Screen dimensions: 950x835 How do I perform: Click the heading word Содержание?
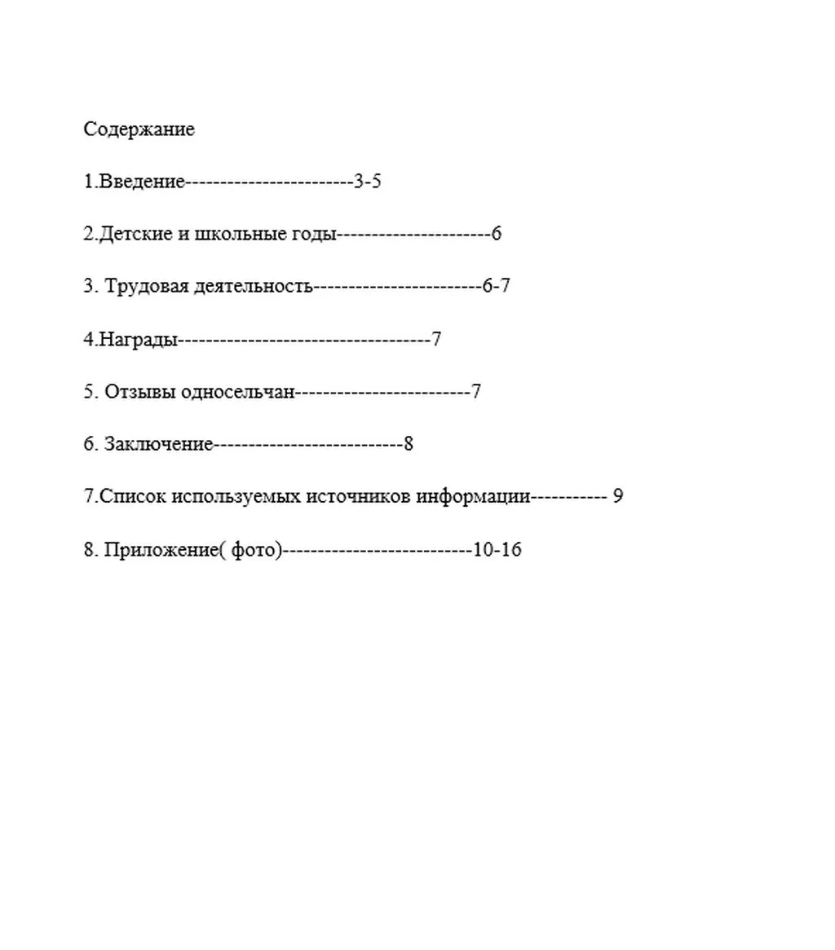click(x=139, y=130)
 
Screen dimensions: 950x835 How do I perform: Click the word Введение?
click(x=142, y=182)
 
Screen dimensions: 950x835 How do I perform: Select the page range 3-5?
click(x=368, y=182)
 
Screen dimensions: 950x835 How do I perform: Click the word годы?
click(x=313, y=235)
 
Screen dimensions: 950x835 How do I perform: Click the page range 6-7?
click(x=496, y=287)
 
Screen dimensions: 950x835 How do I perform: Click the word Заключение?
click(x=158, y=445)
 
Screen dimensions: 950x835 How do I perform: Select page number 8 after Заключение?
click(x=409, y=445)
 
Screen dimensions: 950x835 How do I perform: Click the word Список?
click(x=133, y=497)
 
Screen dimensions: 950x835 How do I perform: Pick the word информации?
click(x=473, y=497)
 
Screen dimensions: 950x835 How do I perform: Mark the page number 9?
click(x=617, y=497)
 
